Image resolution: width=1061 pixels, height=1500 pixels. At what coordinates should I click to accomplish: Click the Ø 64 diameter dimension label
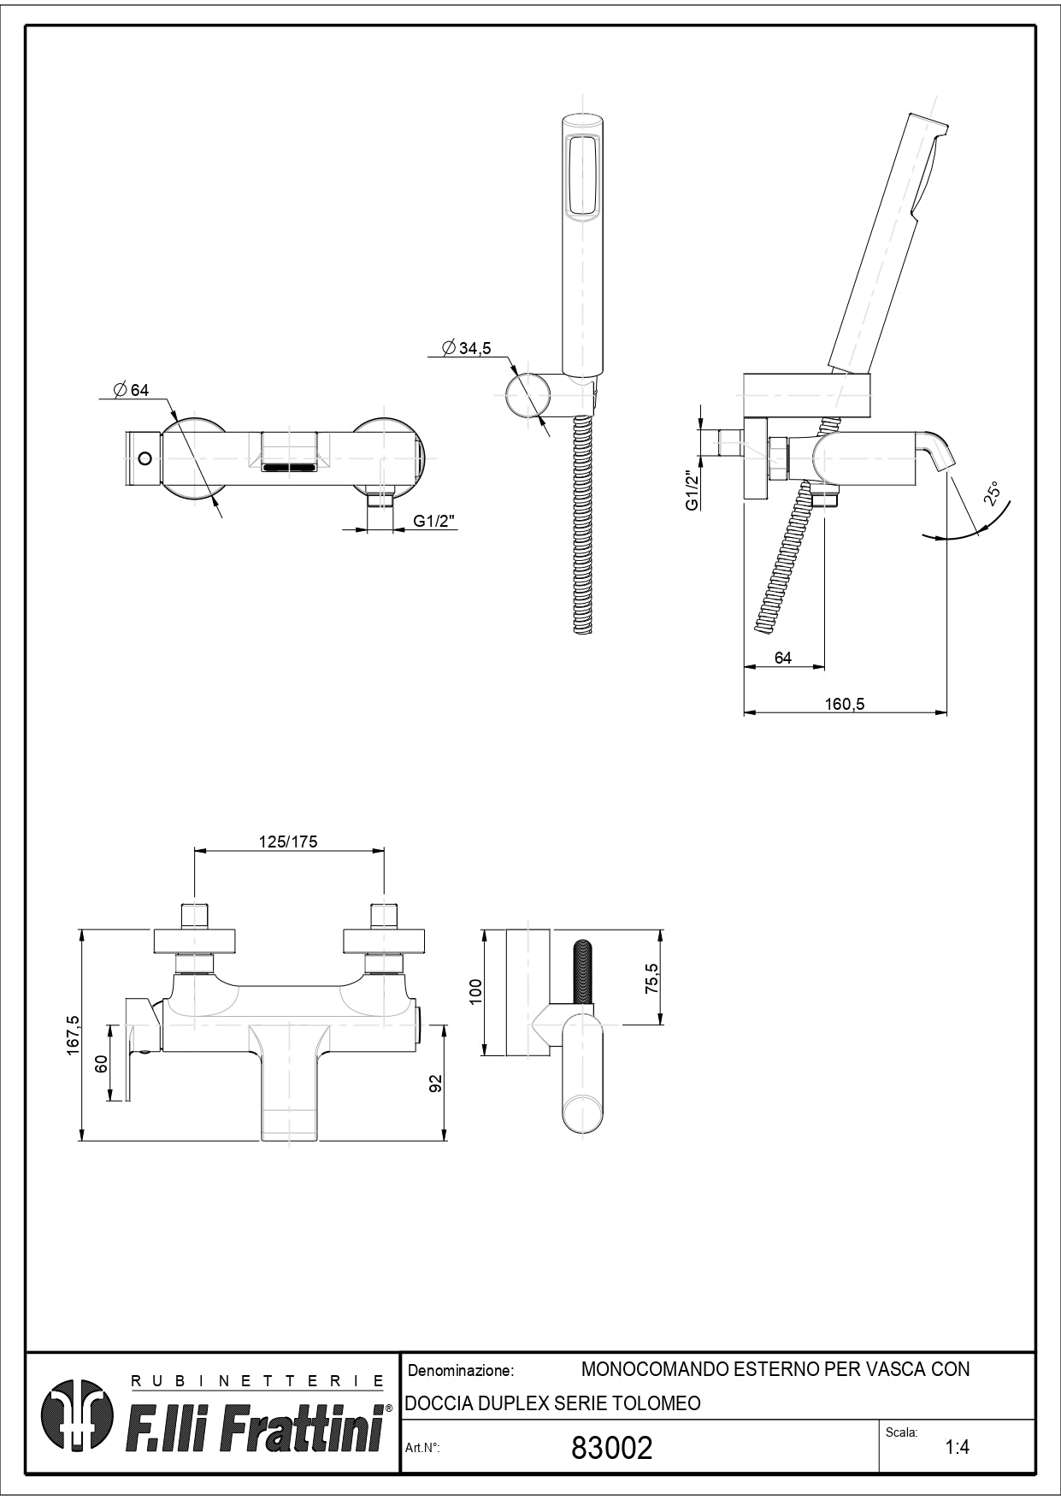131,390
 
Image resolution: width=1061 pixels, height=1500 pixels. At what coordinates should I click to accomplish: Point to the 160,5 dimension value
845,704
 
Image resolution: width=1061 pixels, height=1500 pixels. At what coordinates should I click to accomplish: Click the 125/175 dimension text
288,842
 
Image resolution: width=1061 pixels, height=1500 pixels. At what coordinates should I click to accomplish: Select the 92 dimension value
436,1083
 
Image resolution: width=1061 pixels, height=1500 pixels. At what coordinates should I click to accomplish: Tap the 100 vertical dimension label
476,990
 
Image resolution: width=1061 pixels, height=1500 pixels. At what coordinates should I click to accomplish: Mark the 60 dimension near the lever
101,1065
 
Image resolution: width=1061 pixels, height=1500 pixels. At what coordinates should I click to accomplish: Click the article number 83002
611,1447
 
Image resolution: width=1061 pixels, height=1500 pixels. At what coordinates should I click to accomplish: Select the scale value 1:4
957,1447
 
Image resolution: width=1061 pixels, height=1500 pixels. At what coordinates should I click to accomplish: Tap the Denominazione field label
461,1371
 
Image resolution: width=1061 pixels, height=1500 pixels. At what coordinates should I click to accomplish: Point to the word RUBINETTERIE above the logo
256,1380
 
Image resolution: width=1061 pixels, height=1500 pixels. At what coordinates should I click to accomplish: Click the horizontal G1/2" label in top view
433,521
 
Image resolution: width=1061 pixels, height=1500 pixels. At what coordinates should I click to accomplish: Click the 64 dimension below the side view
782,658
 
